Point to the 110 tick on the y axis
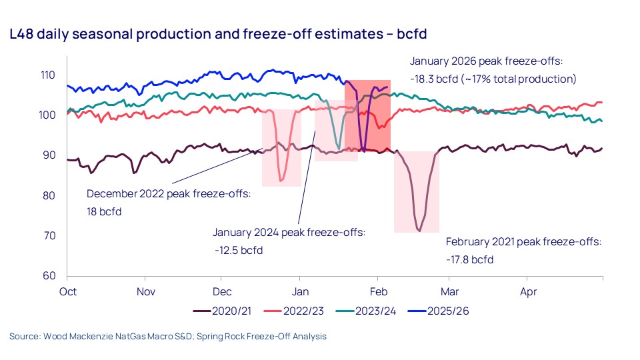49,75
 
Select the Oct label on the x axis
67,291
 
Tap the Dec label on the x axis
221,291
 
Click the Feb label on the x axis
378,291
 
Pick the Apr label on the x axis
528,291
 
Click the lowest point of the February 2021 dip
419,231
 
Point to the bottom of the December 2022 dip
281,181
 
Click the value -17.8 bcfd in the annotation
470,259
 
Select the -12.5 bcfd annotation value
239,251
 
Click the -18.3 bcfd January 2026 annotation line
493,79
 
